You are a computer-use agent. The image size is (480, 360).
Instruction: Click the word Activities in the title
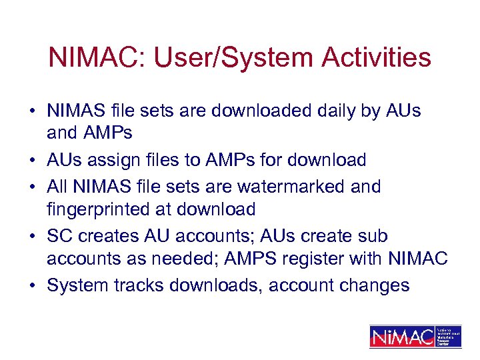coord(376,58)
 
